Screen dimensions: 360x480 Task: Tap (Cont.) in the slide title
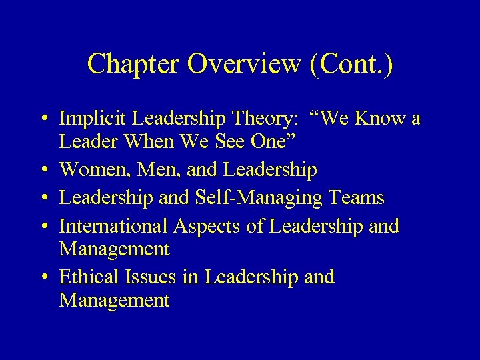coord(353,64)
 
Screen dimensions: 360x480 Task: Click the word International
coord(113,226)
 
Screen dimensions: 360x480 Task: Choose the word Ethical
coord(85,277)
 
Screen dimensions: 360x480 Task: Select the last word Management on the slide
coord(114,301)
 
